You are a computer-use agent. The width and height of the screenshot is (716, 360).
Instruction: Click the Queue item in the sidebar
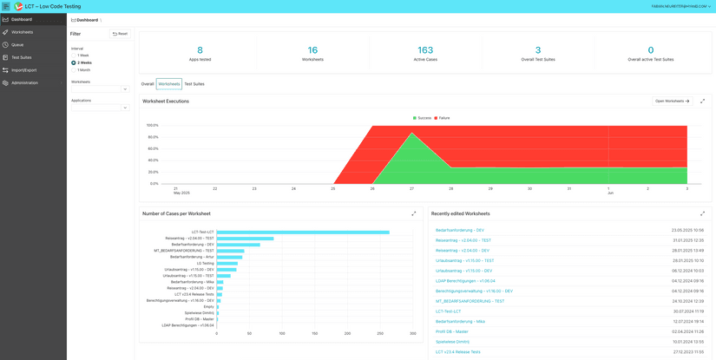tap(17, 44)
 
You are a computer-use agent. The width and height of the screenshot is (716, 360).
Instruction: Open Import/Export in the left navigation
tap(23, 70)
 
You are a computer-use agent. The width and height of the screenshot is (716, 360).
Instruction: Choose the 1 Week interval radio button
tap(74, 56)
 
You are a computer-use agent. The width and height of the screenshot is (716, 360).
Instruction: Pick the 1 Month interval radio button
tap(74, 70)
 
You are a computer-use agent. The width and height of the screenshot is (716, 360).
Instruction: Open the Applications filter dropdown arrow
tap(125, 108)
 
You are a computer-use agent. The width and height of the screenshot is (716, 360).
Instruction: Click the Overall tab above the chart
tap(148, 84)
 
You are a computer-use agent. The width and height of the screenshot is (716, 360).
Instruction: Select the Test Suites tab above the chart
tap(194, 84)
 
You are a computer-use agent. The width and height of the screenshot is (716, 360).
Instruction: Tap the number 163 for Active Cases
tap(425, 50)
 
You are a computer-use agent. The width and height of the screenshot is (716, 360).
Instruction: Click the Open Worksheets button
tap(673, 101)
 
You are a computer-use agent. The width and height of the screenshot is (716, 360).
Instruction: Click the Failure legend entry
tap(442, 118)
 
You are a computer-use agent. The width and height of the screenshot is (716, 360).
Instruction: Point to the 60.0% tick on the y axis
tap(153, 148)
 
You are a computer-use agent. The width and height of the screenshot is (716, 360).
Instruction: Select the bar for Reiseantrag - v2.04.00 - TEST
tap(245, 239)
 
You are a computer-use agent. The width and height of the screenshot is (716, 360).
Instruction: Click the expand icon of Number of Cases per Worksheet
tap(414, 213)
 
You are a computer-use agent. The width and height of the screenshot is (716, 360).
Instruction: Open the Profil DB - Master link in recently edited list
tap(451, 331)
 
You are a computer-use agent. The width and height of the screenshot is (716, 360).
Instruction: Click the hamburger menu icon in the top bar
tap(6, 6)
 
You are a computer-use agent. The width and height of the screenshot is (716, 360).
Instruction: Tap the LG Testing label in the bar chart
tap(205, 263)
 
